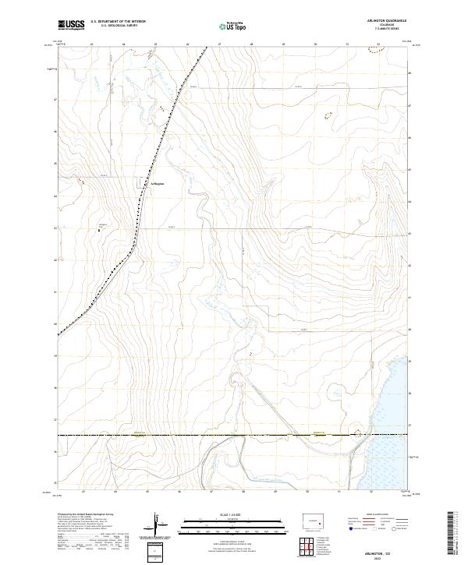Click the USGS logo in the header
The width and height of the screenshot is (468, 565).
pyautogui.click(x=71, y=26)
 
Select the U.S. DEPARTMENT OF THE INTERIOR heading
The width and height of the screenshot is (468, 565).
pyautogui.click(x=118, y=23)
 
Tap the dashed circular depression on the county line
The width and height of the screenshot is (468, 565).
pyautogui.click(x=359, y=433)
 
